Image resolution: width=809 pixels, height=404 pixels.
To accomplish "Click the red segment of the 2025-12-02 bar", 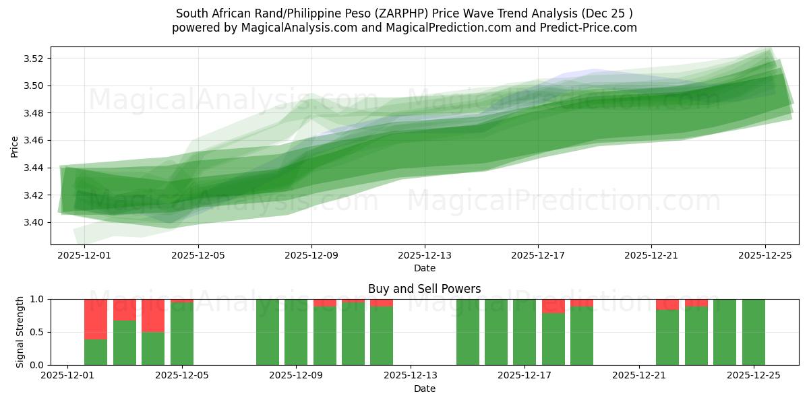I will (96, 319).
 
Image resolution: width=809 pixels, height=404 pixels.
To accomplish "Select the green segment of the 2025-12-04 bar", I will (153, 348).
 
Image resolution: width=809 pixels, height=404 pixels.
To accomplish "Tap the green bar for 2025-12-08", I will (268, 332).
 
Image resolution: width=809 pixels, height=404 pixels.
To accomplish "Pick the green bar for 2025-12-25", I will (754, 332).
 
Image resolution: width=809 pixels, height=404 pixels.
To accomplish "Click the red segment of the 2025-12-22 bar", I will (667, 304).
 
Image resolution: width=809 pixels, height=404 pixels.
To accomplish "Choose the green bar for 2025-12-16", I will (496, 332).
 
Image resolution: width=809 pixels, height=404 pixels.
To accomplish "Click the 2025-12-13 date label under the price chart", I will (425, 256).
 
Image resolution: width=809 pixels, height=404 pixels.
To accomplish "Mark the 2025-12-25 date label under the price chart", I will (765, 256).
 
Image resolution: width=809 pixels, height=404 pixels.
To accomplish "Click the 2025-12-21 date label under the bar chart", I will (638, 376).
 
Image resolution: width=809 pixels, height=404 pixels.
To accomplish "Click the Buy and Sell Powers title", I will (425, 289).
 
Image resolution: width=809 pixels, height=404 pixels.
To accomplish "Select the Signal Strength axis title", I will (20, 332).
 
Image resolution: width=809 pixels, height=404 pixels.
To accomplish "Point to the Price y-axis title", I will (15, 145).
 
